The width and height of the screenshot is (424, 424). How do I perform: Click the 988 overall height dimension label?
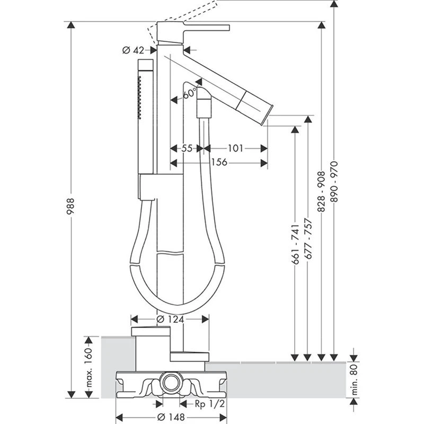pyautogui.click(x=70, y=207)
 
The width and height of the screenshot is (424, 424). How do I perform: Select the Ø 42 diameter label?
pyautogui.click(x=133, y=50)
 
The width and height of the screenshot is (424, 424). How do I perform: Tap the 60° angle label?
pyautogui.click(x=189, y=94)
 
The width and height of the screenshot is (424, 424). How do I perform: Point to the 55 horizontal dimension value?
pyautogui.click(x=187, y=148)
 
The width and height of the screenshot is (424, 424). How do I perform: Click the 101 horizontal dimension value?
pyautogui.click(x=235, y=148)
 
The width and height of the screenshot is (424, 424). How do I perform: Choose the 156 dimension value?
pyautogui.click(x=219, y=162)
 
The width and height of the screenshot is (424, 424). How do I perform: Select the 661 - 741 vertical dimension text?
pyautogui.click(x=295, y=244)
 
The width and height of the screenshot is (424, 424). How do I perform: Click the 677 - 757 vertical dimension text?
pyautogui.click(x=308, y=240)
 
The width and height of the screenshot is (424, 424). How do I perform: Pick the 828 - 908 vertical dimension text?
pyautogui.click(x=321, y=191)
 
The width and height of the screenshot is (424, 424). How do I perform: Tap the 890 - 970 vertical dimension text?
pyautogui.click(x=334, y=182)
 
